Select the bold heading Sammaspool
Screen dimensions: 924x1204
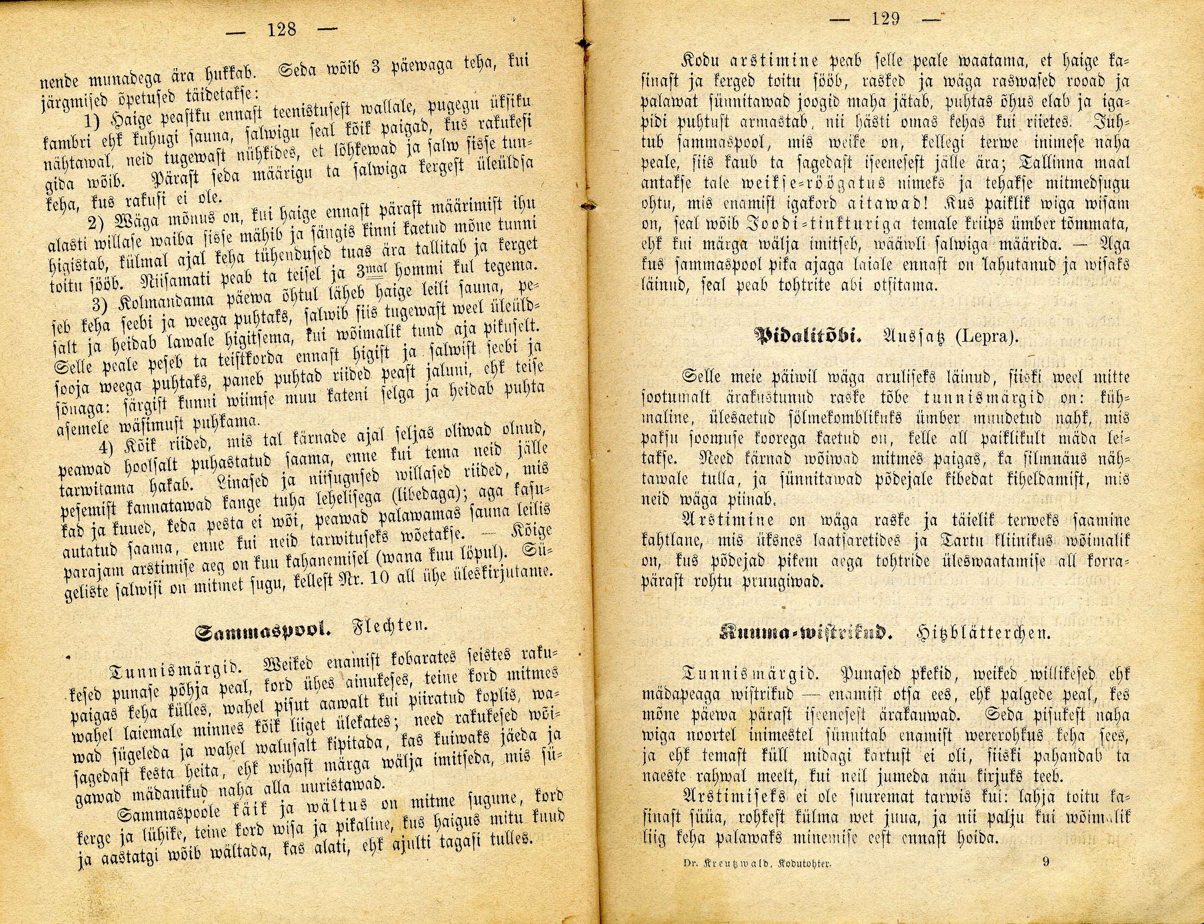263,633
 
